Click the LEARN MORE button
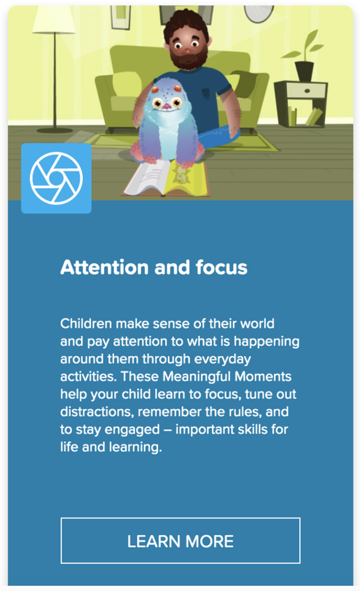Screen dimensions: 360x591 click(x=180, y=541)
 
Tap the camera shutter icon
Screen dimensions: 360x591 click(x=56, y=178)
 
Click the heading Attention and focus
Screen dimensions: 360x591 click(x=154, y=267)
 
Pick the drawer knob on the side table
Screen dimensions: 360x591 click(x=307, y=91)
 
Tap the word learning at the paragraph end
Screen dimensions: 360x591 click(x=136, y=448)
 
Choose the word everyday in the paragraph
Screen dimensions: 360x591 click(x=223, y=359)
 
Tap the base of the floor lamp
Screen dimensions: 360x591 click(x=55, y=130)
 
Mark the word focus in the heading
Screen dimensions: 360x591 click(x=221, y=267)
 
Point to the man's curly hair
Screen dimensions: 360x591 click(x=186, y=25)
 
